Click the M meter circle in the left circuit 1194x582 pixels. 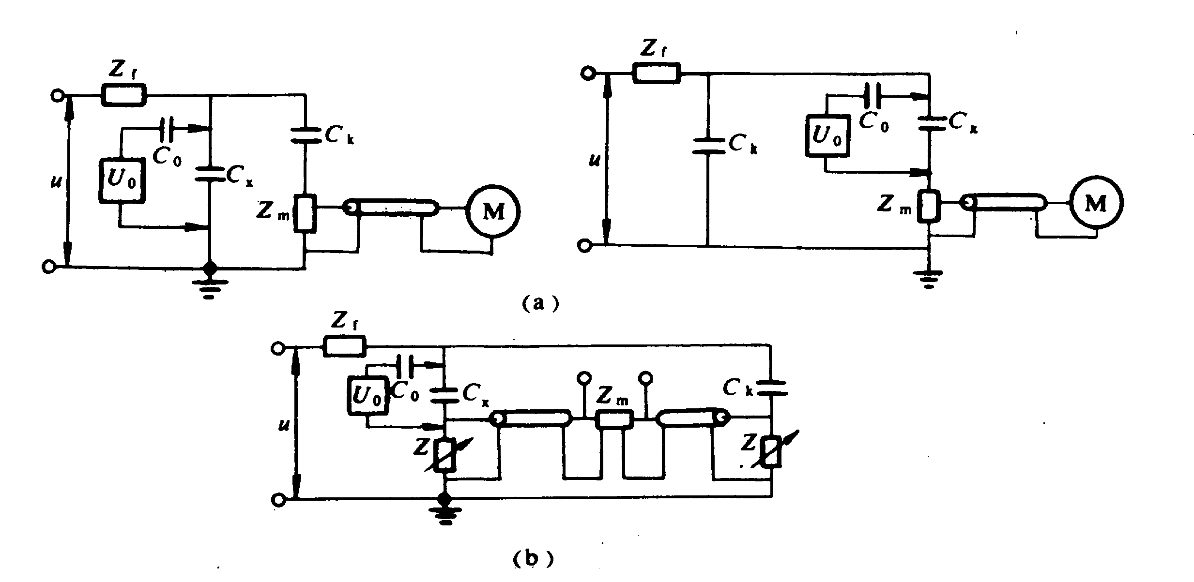(x=493, y=211)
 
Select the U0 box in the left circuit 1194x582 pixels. (x=122, y=179)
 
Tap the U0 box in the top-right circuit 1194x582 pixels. (x=827, y=136)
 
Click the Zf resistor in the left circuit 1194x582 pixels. (x=123, y=95)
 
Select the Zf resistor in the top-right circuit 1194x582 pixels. (x=657, y=74)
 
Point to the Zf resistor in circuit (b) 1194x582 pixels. (x=344, y=347)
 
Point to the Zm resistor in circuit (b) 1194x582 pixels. (x=614, y=419)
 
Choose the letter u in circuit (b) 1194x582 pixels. (x=283, y=425)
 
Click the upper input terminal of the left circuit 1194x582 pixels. (x=57, y=95)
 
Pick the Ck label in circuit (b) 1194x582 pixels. (x=737, y=388)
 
